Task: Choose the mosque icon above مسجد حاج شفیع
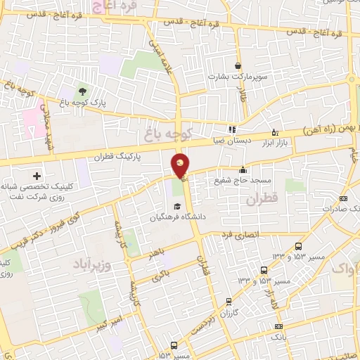click(243, 169)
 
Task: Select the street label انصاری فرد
click(241, 233)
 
